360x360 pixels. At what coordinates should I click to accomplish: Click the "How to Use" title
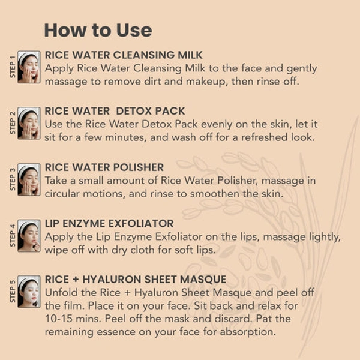click(98, 31)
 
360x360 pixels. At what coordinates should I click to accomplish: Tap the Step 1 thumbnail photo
click(29, 67)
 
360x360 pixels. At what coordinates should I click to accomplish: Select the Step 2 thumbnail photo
click(29, 123)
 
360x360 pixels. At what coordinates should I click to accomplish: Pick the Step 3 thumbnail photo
click(29, 179)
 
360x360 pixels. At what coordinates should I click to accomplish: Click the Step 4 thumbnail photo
click(29, 236)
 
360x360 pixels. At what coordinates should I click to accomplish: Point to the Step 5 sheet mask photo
click(29, 292)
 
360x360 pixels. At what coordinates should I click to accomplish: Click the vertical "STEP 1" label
click(13, 67)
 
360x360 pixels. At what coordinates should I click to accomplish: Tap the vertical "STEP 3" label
click(13, 179)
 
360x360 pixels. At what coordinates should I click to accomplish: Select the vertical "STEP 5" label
click(13, 292)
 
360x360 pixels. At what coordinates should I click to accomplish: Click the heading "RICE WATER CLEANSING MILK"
click(124, 55)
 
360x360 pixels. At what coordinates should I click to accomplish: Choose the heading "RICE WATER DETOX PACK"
click(115, 111)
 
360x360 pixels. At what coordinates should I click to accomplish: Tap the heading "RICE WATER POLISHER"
click(104, 167)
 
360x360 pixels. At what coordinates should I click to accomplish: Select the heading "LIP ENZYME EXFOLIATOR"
click(109, 224)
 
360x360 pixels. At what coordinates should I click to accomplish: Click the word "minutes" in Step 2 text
click(125, 137)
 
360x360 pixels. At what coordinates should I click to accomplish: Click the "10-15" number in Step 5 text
click(59, 319)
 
